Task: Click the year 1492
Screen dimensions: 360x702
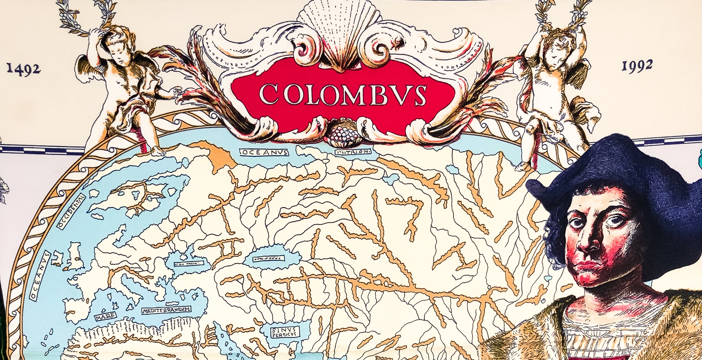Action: click(x=23, y=69)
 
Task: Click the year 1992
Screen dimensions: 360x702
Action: click(x=637, y=66)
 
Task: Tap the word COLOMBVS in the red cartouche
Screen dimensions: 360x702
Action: click(x=343, y=94)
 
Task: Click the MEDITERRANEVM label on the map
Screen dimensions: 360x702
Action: click(x=167, y=310)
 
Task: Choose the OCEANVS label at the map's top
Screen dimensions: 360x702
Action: click(x=264, y=152)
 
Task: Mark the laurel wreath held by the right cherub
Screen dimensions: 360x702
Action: click(x=562, y=14)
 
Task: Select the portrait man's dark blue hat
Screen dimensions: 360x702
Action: click(x=617, y=171)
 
